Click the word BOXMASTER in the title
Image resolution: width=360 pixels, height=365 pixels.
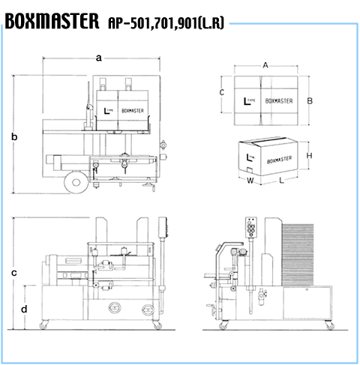52,21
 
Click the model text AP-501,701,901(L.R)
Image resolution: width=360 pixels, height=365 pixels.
166,23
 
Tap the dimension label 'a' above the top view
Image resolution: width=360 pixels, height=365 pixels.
99,58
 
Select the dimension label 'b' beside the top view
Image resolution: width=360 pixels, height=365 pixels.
14,136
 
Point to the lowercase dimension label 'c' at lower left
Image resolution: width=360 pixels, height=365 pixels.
14,273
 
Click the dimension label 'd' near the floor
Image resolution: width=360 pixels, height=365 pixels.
24,309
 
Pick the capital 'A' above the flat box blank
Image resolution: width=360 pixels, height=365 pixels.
265,65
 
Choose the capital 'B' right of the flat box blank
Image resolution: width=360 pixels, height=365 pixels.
310,101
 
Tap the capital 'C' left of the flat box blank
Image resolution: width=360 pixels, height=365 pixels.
222,92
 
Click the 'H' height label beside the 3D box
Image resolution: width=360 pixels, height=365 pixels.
309,156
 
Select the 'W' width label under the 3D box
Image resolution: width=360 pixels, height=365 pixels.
250,181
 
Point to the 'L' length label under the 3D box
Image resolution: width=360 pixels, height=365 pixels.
281,181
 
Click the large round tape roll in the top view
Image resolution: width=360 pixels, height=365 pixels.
76,182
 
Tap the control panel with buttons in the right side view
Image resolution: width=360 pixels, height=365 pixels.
251,228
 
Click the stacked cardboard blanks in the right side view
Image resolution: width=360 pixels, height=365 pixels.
298,255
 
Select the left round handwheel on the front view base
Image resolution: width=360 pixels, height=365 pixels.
115,307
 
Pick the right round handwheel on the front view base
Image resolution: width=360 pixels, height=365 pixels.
148,310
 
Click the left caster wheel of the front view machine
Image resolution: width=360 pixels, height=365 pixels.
43,325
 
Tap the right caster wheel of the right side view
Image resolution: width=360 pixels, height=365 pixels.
330,325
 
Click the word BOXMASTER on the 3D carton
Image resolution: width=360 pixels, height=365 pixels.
279,160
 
